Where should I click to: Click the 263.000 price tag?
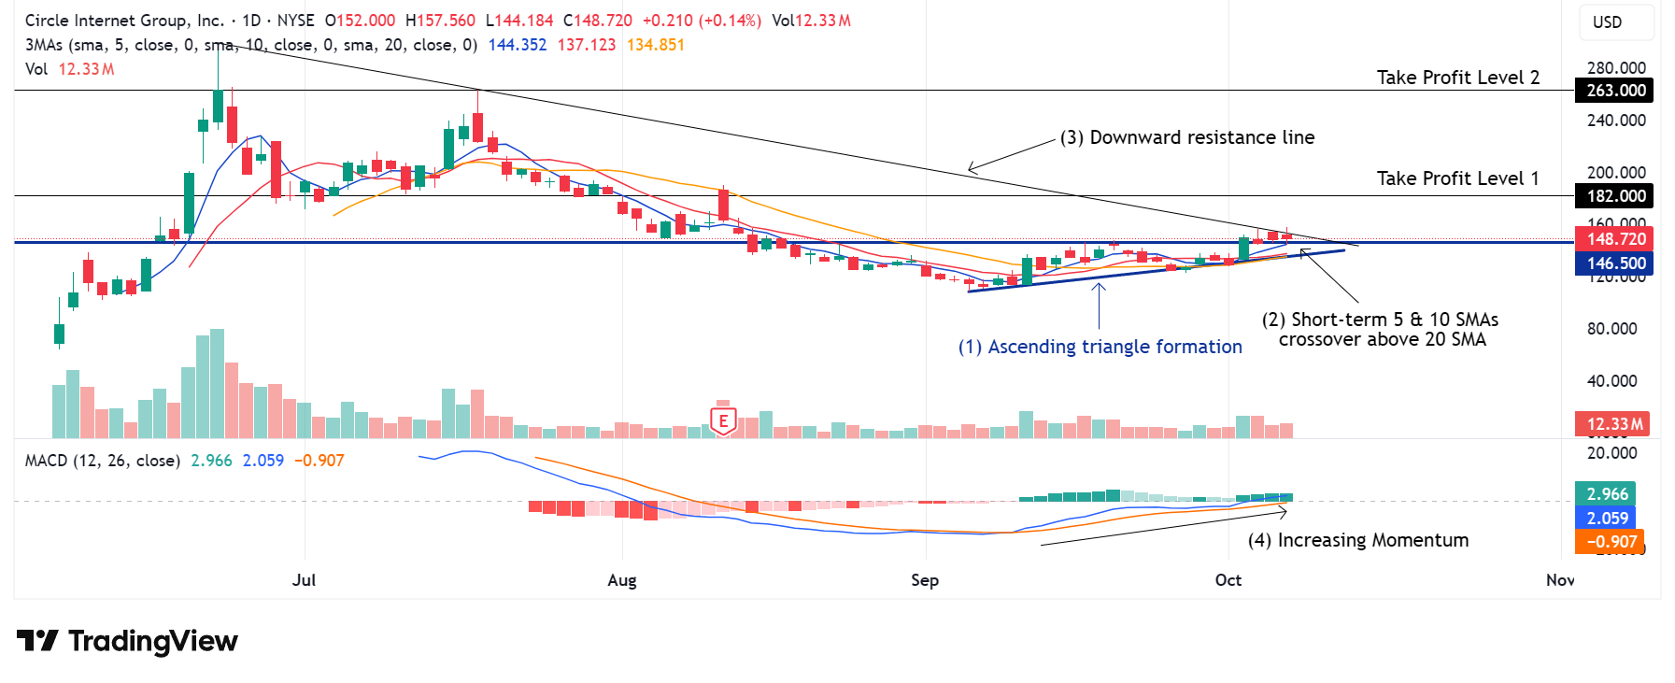1615,91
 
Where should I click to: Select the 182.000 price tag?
1615,196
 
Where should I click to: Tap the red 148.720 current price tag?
1615,239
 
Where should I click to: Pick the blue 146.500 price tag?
1615,263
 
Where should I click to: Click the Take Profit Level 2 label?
1457,78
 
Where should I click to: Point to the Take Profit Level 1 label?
1457,178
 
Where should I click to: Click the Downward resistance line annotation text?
1187,137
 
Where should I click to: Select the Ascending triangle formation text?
1100,347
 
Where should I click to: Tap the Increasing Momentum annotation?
1358,540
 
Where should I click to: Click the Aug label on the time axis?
622,580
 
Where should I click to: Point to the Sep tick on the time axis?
925,580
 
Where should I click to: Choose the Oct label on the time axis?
1228,580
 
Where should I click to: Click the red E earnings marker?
723,420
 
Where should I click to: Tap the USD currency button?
1607,22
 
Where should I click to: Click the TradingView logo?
127,641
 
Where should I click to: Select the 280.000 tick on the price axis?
1616,68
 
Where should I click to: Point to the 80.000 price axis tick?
1612,329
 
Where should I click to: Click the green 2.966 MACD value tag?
1607,494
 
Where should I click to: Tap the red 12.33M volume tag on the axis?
1613,424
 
